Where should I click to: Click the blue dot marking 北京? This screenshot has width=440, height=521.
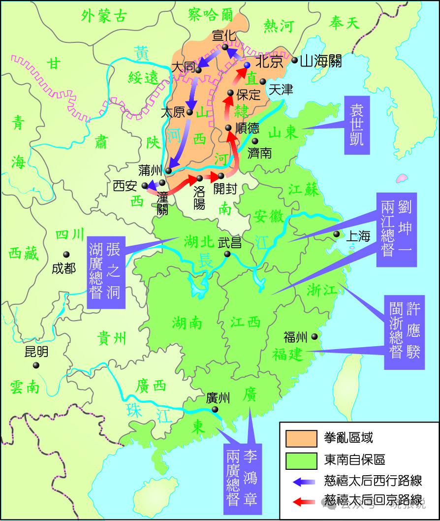point(247,65)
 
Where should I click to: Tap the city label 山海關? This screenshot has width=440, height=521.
point(320,61)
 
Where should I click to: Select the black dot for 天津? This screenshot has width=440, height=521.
point(263,81)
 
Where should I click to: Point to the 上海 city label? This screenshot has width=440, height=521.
point(358,236)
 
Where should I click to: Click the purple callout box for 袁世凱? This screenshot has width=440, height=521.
point(356,125)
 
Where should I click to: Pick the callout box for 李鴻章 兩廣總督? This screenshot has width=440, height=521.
point(242,477)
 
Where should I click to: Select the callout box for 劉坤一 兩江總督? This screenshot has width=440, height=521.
point(396,229)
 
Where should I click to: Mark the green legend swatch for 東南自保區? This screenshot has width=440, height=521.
point(301,460)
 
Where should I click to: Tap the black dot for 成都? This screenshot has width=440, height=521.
point(66,255)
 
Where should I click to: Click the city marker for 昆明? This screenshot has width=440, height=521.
point(36,365)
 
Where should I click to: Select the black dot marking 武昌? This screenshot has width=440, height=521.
point(227,254)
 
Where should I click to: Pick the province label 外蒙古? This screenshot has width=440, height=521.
point(104,16)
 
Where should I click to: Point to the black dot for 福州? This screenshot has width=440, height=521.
point(314,337)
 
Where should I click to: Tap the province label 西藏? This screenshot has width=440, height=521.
point(23,253)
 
